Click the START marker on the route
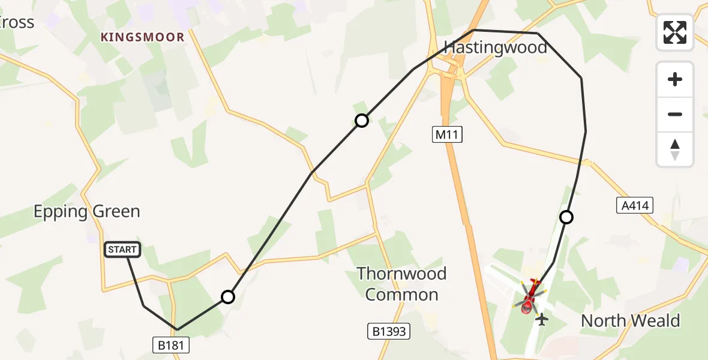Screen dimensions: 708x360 (122, 250)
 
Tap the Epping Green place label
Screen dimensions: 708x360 (86, 211)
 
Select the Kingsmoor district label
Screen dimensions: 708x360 (142, 37)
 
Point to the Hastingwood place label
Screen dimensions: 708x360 (495, 47)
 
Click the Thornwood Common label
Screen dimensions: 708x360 (401, 284)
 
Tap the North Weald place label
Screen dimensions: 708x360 (630, 320)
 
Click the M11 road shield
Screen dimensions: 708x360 (447, 135)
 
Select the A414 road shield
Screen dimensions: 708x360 (635, 206)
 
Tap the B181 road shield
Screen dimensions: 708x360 (170, 344)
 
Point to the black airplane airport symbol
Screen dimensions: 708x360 (542, 319)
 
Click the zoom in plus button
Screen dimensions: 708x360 (675, 79)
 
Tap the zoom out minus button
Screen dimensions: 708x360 (675, 114)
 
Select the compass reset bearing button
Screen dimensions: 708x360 (675, 149)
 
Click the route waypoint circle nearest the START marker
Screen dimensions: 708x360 (228, 296)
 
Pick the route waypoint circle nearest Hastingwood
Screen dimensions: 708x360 (361, 121)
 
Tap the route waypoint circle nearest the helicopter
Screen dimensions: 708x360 (566, 217)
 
